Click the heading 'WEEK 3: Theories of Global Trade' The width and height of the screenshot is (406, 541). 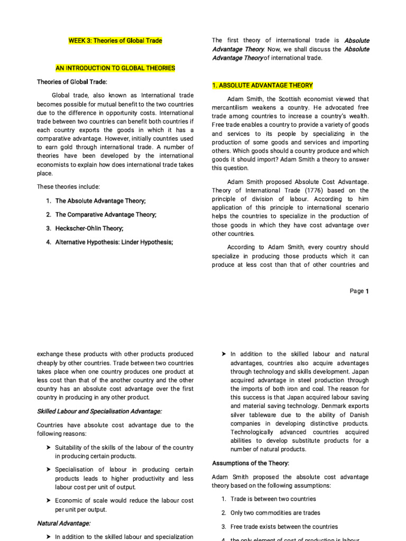tap(115, 40)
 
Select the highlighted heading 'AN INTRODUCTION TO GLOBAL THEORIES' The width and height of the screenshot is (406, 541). tap(115, 68)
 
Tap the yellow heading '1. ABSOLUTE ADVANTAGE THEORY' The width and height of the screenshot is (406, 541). tap(262, 85)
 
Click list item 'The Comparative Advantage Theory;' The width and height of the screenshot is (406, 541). tap(106, 214)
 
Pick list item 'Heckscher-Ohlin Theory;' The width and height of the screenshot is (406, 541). tap(89, 228)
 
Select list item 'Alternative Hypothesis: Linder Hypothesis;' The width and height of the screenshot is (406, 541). tap(114, 242)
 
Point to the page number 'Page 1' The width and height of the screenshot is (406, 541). tap(359, 291)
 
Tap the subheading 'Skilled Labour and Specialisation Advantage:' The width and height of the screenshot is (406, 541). tap(99, 411)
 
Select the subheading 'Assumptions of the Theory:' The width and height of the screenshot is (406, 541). tap(251, 463)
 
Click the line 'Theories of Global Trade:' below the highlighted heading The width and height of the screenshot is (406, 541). tap(72, 81)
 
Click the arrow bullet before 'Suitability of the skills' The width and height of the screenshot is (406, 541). tap(49, 447)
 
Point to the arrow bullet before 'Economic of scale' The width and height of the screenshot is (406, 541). tap(49, 500)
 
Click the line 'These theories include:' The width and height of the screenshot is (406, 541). tap(68, 186)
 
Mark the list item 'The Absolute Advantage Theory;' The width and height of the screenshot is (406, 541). tap(100, 201)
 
